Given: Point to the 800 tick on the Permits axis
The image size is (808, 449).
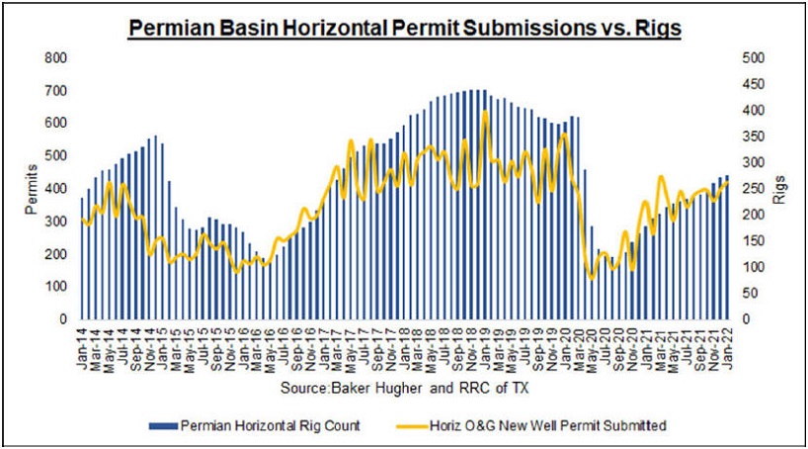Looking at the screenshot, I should click(56, 58).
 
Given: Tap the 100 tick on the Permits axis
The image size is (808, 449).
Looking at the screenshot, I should click(56, 287).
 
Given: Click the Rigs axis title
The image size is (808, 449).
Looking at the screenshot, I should click(778, 189).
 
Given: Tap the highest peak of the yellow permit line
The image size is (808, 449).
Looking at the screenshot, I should click(485, 112).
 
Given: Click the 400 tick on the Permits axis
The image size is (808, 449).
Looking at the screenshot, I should click(56, 189).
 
